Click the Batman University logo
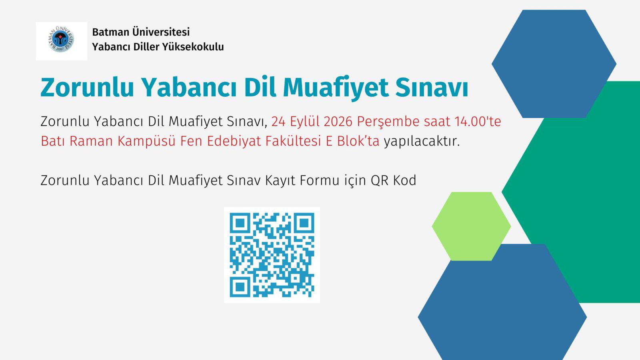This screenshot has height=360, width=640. point(61,40)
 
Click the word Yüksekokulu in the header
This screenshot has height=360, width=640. point(193,46)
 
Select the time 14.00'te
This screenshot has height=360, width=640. point(478,122)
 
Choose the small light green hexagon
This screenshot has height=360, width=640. point(472,226)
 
